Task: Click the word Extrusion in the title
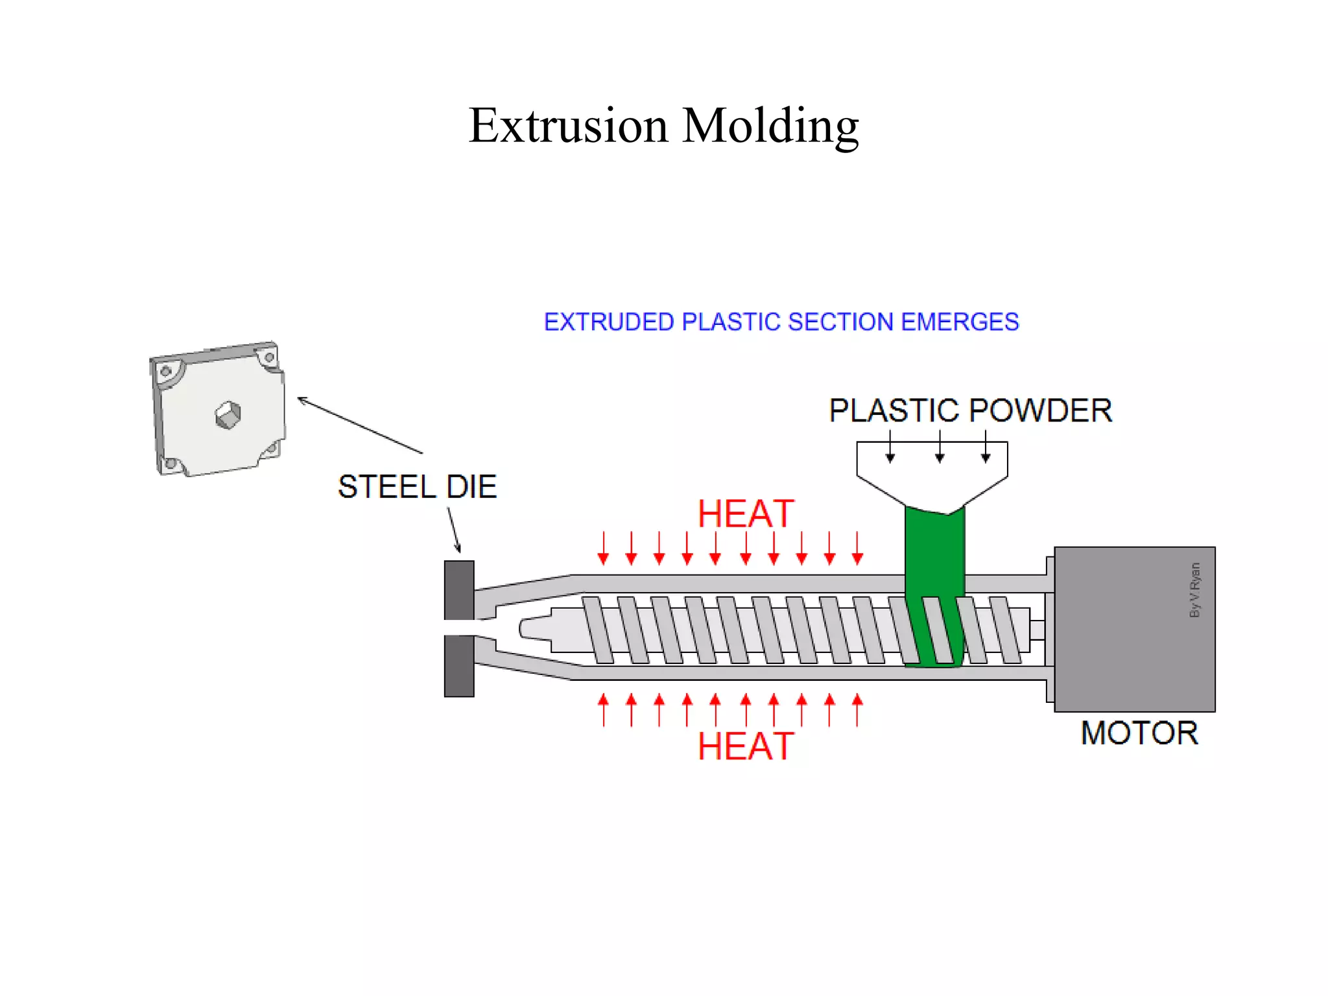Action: pyautogui.click(x=568, y=125)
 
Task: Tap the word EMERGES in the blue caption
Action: pyautogui.click(x=959, y=322)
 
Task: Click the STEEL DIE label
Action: pyautogui.click(x=417, y=487)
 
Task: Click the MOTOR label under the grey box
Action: pyautogui.click(x=1139, y=733)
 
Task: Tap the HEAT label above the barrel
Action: pyautogui.click(x=745, y=514)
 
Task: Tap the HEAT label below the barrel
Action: pyautogui.click(x=745, y=746)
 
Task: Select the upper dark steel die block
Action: pyautogui.click(x=459, y=590)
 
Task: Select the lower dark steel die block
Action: pyautogui.click(x=459, y=666)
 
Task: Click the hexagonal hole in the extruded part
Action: pyautogui.click(x=228, y=415)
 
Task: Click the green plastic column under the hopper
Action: pyautogui.click(x=934, y=551)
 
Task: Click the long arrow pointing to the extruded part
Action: pyautogui.click(x=360, y=425)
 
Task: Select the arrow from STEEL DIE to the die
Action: pyautogui.click(x=454, y=529)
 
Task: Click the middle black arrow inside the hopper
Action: pyautogui.click(x=940, y=447)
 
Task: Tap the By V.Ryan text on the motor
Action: pyautogui.click(x=1194, y=589)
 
